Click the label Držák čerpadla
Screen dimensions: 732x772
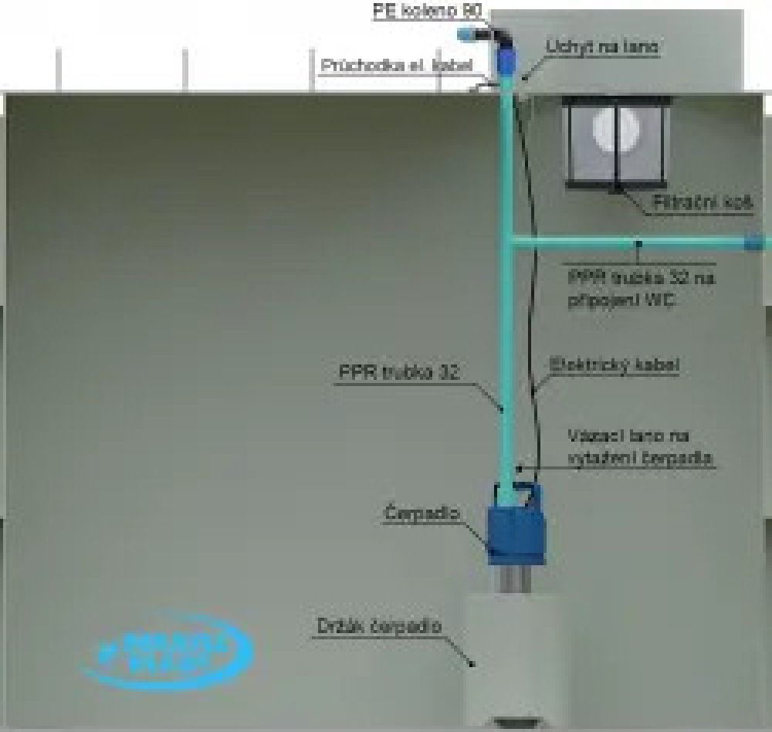(379, 626)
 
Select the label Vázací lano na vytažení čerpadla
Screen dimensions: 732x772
(639, 446)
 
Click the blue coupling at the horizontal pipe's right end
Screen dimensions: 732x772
(756, 242)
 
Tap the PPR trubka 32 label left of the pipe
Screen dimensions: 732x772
(399, 373)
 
